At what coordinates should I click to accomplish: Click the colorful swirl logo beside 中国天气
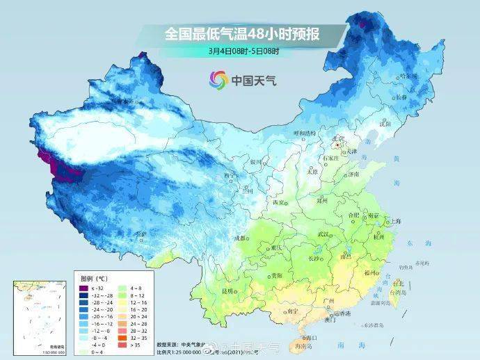point(217,80)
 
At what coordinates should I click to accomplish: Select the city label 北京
point(339,138)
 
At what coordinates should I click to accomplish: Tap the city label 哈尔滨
point(410,76)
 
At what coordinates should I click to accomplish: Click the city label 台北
point(398,284)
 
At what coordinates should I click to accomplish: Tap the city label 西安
point(279,202)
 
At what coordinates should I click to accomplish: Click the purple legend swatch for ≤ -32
point(83,288)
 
